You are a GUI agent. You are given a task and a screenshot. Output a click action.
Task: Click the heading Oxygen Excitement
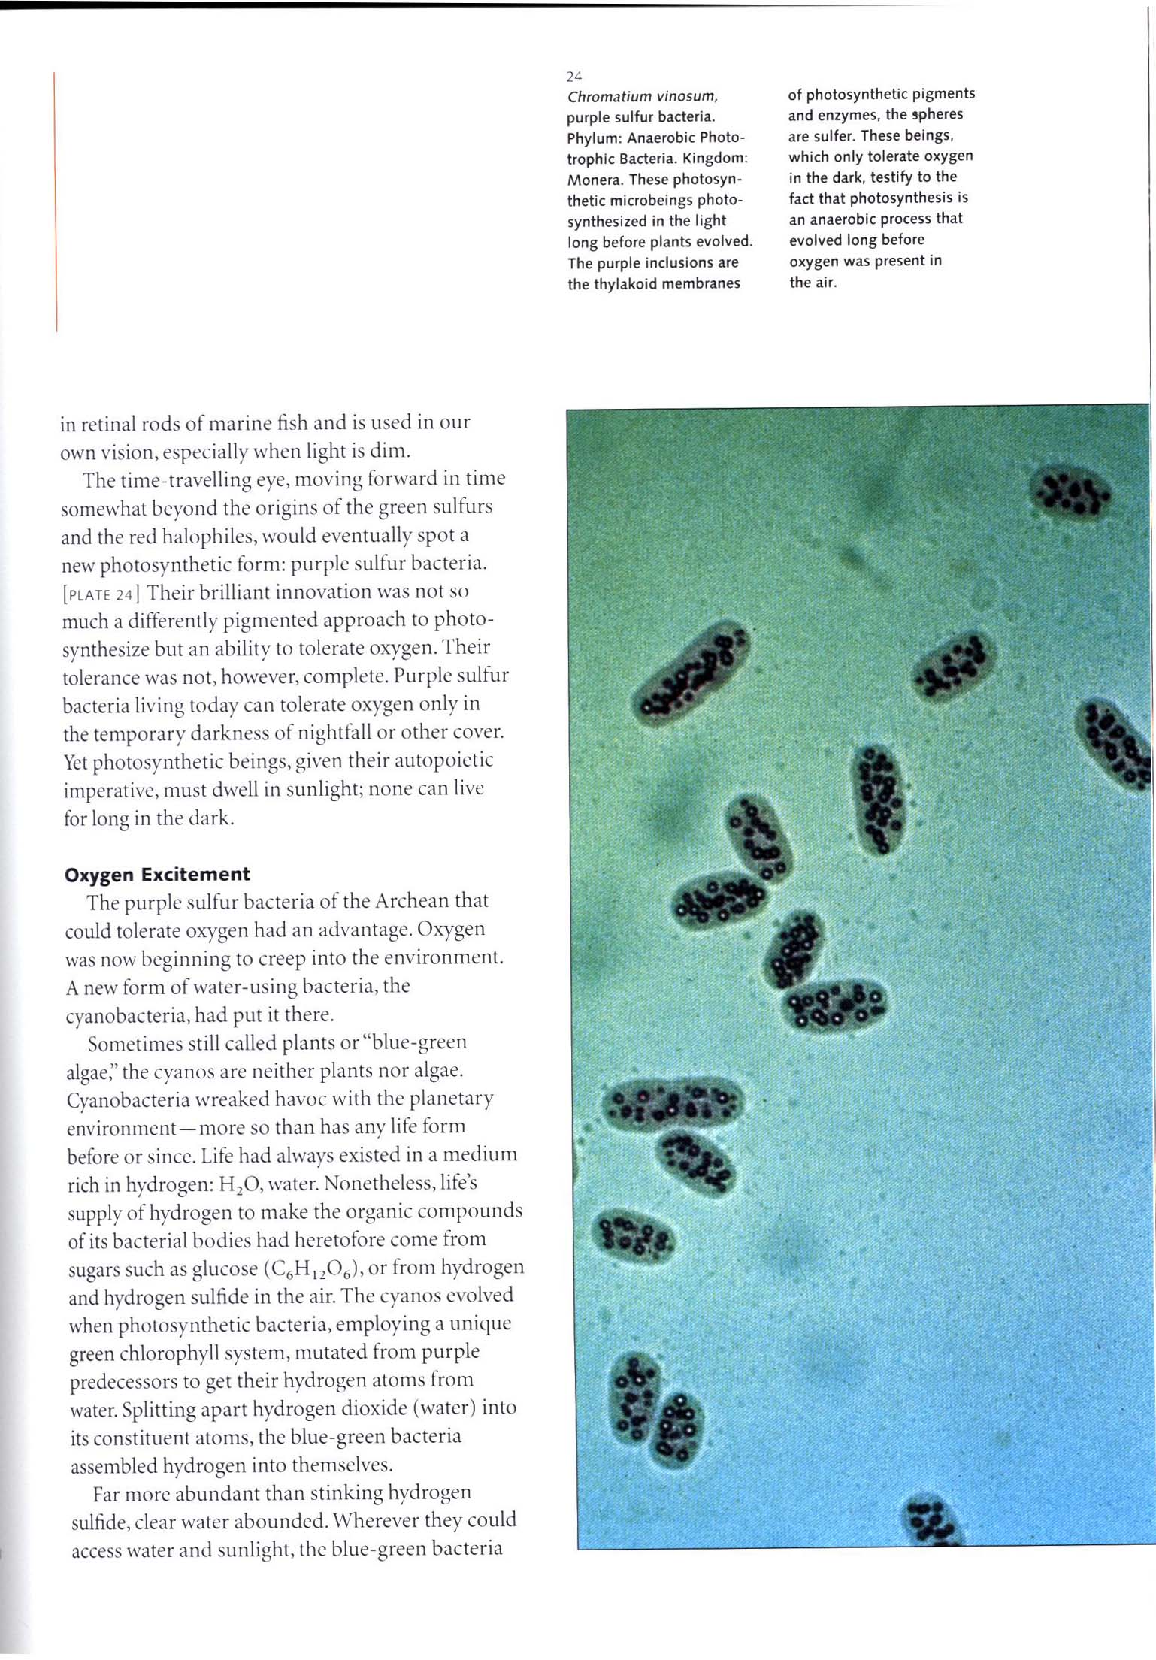(157, 875)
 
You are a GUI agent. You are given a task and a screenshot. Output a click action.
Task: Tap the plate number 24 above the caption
(574, 77)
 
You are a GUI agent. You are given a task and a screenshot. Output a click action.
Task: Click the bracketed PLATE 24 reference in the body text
(100, 594)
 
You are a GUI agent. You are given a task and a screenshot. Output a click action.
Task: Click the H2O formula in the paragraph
(240, 1185)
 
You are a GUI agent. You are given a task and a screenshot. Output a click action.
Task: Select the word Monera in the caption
(594, 180)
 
